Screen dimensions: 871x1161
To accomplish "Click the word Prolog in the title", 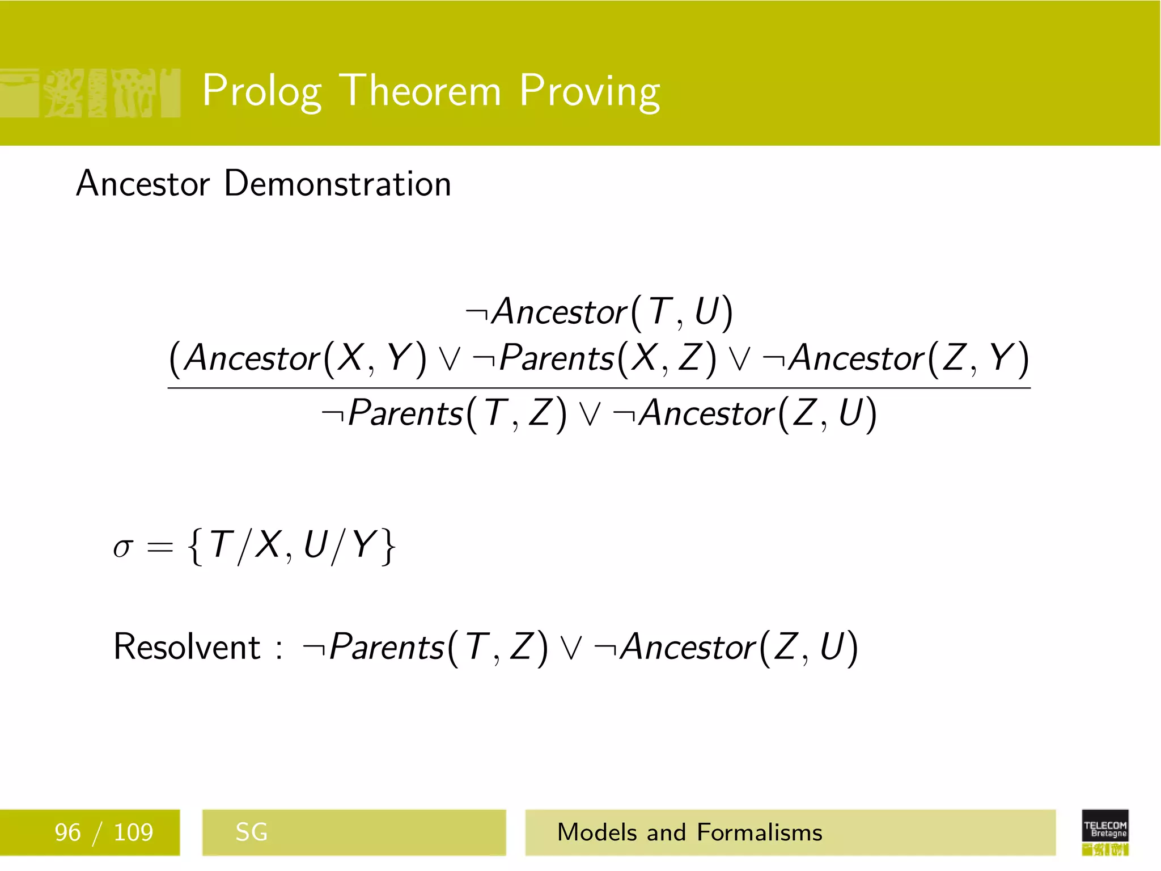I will tap(262, 91).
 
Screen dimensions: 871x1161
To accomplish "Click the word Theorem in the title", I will tap(422, 91).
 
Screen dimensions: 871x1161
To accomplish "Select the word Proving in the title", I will tap(590, 91).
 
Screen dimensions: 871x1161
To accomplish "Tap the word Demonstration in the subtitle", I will tap(337, 184).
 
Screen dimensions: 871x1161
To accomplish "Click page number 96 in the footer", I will tap(67, 832).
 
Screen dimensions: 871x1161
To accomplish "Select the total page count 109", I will tap(133, 832).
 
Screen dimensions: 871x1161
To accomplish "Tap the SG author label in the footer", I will tap(251, 832).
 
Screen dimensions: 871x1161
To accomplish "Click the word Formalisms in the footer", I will tap(759, 832).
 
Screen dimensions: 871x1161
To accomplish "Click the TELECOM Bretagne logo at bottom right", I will tap(1105, 831).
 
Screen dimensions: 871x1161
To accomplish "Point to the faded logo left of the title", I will tap(91, 93).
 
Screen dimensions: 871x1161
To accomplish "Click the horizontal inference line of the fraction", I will tap(599, 388).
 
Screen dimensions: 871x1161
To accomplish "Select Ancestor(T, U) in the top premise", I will tap(612, 312).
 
